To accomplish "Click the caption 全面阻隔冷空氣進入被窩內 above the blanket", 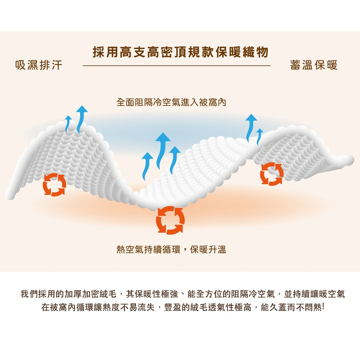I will click(172, 102).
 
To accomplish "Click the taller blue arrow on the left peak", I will click(82, 118).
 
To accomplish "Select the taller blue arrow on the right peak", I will click(250, 126).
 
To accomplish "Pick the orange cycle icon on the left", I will click(54, 185).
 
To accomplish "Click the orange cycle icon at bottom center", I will click(170, 220).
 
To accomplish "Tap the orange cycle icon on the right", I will click(271, 174).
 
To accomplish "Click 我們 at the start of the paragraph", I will click(29, 295).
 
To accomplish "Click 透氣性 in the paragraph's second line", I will click(220, 309).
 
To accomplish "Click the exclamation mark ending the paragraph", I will click(322, 309).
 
